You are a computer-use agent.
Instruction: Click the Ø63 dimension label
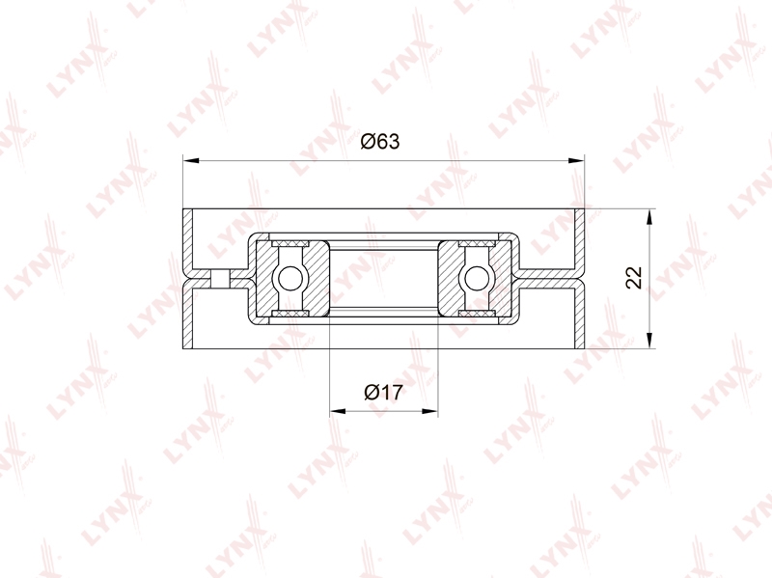pyautogui.click(x=379, y=141)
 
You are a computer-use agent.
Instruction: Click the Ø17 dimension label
pyautogui.click(x=383, y=393)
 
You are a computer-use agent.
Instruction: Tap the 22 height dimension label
pyautogui.click(x=634, y=278)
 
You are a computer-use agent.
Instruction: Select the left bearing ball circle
pyautogui.click(x=290, y=279)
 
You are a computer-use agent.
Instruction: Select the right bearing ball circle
pyautogui.click(x=477, y=279)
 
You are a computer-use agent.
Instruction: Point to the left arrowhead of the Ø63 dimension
pyautogui.click(x=190, y=160)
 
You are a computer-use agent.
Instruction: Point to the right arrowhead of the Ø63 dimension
pyautogui.click(x=576, y=160)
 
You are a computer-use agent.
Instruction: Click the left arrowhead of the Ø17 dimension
pyautogui.click(x=338, y=411)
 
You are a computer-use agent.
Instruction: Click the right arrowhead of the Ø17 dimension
pyautogui.click(x=429, y=411)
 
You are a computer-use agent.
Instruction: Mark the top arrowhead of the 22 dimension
pyautogui.click(x=649, y=217)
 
